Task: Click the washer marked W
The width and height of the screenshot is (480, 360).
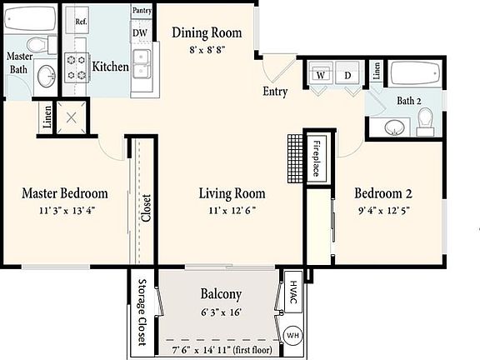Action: (319, 75)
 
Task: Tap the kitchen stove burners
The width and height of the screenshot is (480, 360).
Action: (77, 67)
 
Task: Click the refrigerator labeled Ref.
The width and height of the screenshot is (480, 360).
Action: (81, 22)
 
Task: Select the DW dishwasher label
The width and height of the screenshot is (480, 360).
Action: (140, 33)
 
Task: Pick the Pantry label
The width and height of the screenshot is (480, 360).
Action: (141, 11)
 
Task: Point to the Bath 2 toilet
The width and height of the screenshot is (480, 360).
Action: (426, 123)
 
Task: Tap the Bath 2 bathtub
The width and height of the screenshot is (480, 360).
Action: (416, 76)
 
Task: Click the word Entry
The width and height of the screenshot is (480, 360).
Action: (275, 91)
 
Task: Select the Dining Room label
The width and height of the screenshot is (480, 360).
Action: (207, 33)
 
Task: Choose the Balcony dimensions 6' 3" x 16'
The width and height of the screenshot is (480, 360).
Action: (221, 311)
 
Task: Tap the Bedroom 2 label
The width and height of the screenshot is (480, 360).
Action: (384, 193)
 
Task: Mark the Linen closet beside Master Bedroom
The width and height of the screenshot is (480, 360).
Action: (45, 118)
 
